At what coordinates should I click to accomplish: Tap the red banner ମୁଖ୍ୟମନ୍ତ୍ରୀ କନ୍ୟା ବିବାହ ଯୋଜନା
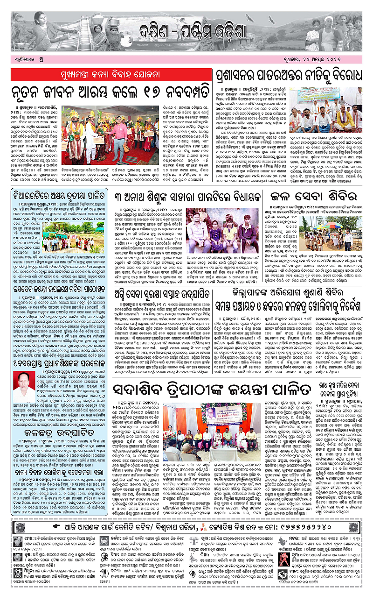111,74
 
